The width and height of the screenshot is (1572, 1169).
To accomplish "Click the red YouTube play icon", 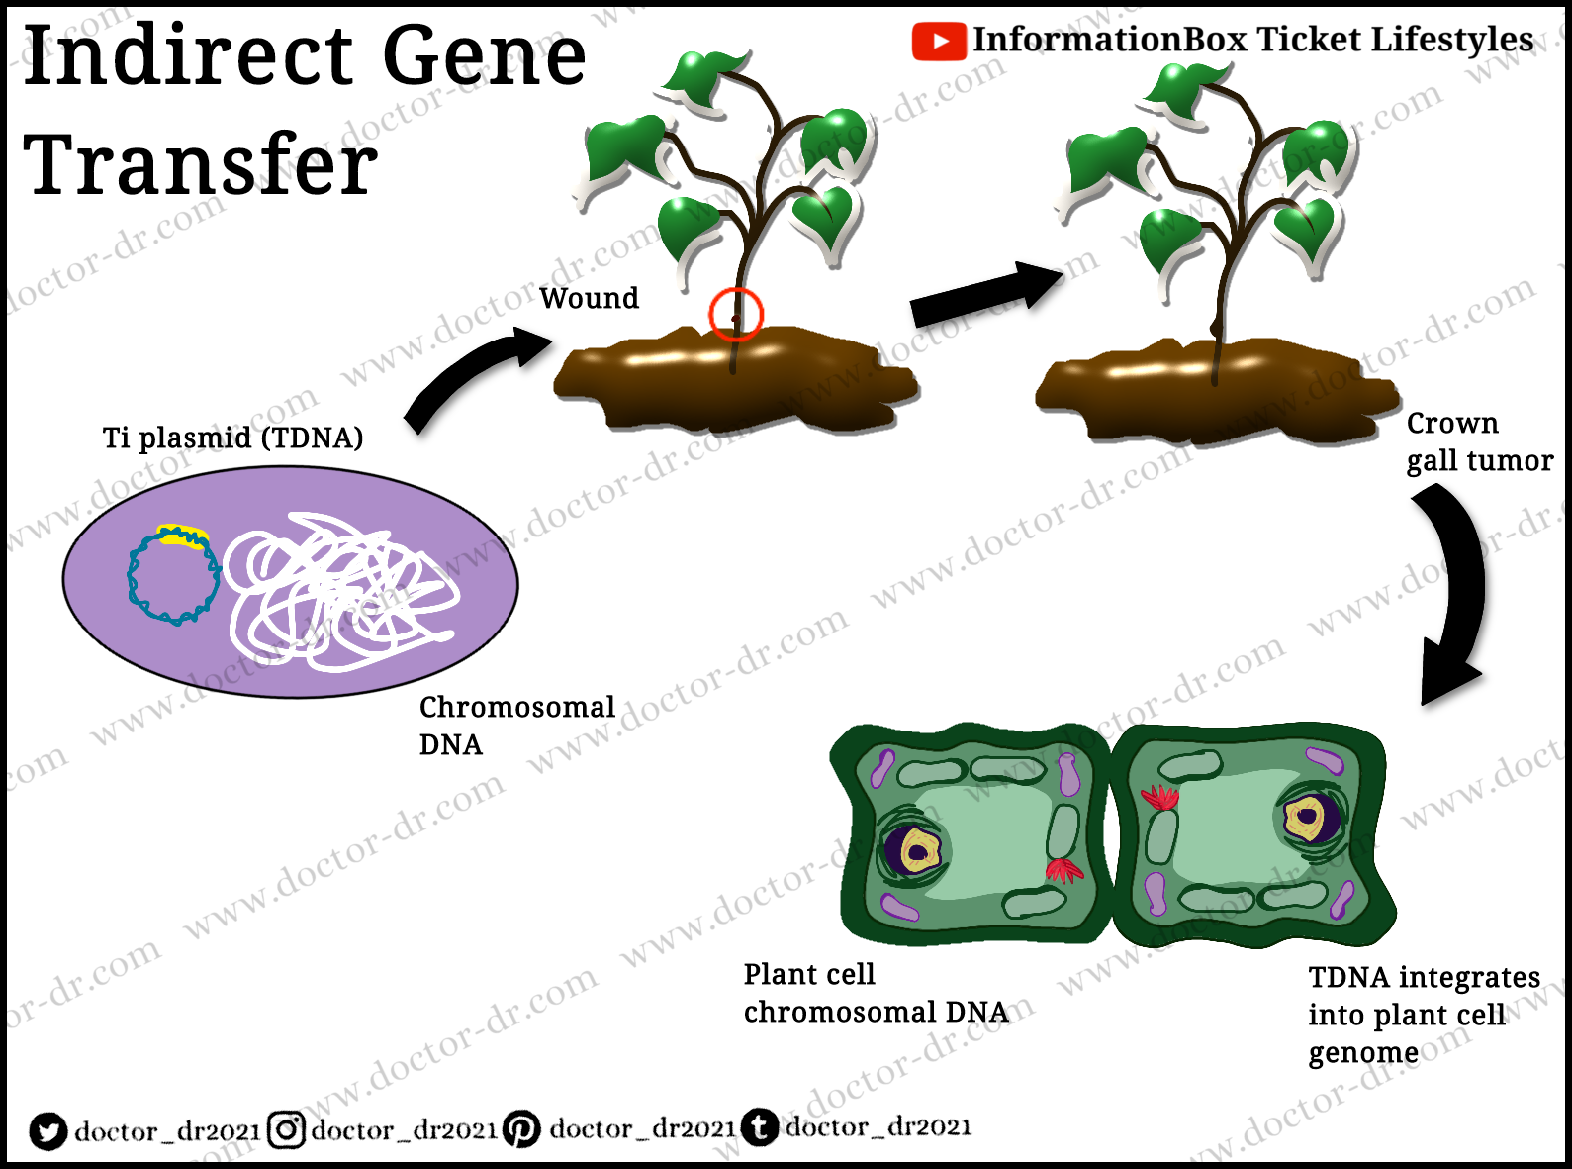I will pyautogui.click(x=938, y=42).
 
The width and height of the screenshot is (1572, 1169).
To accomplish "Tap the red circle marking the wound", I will pyautogui.click(x=736, y=314).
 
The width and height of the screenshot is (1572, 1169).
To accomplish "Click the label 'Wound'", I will pyautogui.click(x=589, y=298).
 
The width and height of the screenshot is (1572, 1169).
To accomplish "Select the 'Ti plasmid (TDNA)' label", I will pyautogui.click(x=232, y=438).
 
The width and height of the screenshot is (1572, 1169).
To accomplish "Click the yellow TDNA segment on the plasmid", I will pyautogui.click(x=183, y=536).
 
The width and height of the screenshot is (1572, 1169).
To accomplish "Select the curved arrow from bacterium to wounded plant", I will pyautogui.click(x=465, y=376).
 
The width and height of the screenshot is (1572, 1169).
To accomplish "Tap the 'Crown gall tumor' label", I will pyautogui.click(x=1478, y=441).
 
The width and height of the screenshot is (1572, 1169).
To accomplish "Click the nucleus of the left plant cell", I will pyautogui.click(x=913, y=849).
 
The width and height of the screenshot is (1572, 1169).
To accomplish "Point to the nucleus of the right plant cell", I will pyautogui.click(x=1308, y=818).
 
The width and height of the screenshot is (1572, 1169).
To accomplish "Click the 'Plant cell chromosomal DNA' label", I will pyautogui.click(x=875, y=993).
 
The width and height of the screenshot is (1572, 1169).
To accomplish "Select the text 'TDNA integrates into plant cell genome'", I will pyautogui.click(x=1423, y=1015).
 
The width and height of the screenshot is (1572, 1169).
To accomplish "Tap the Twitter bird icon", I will pyautogui.click(x=46, y=1130).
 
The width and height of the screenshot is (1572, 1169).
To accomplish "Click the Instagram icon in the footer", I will pyautogui.click(x=286, y=1129).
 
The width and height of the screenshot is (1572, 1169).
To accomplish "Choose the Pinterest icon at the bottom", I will pyautogui.click(x=521, y=1128).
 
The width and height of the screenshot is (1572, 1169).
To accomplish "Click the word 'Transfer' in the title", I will pyautogui.click(x=200, y=164).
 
